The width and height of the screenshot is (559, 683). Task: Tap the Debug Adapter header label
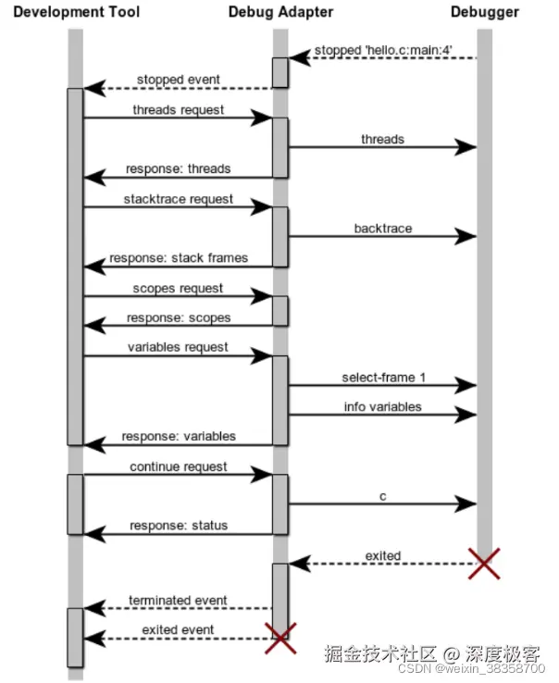280,12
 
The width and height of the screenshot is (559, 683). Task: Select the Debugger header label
485,12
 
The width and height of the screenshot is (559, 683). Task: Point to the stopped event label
179,80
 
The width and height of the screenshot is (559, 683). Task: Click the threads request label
178,109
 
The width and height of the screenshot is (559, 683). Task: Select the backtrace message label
382,228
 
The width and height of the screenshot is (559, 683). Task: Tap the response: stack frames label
179,258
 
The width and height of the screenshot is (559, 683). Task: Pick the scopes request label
178,288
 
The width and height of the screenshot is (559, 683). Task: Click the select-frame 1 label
382,377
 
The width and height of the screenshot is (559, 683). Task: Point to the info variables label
382,406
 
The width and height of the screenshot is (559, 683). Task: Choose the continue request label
178,466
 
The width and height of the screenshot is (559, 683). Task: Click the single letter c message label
382,496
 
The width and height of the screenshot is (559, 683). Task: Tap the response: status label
179,526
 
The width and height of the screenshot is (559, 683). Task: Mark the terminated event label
178,601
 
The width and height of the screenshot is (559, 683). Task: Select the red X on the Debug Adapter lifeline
280,638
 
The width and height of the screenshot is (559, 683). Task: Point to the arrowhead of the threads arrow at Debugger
467,147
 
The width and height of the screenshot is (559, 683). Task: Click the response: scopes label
179,317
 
